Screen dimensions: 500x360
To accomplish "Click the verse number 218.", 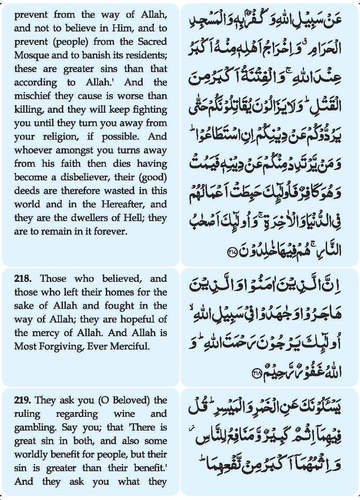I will coord(23,279).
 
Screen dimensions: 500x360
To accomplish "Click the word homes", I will coord(121,293).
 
